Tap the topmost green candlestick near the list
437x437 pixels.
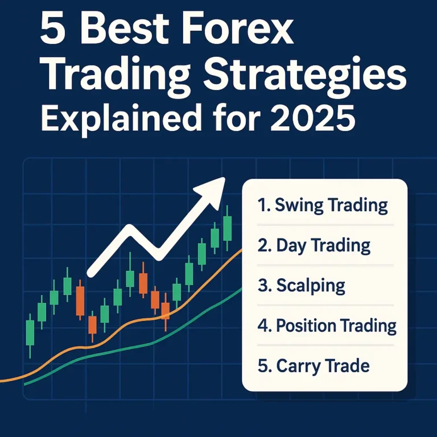(x=228, y=228)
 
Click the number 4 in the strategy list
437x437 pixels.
(x=263, y=325)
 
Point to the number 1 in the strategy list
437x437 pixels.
(x=262, y=205)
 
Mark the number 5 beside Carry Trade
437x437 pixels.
(x=263, y=365)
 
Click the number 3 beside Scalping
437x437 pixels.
(x=263, y=285)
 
